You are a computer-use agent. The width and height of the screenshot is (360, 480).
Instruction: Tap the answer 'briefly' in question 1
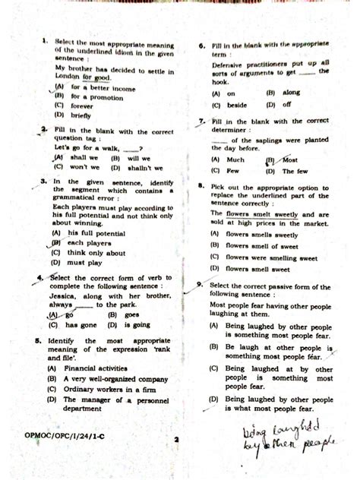point(81,116)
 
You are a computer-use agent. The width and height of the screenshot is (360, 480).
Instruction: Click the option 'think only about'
point(96,253)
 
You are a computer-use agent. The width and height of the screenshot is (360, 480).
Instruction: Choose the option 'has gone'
point(85,324)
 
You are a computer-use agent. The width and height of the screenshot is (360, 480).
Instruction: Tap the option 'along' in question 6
point(292,93)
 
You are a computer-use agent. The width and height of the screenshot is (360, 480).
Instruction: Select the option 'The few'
point(295,172)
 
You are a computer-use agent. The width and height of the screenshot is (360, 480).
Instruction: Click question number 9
point(199,284)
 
